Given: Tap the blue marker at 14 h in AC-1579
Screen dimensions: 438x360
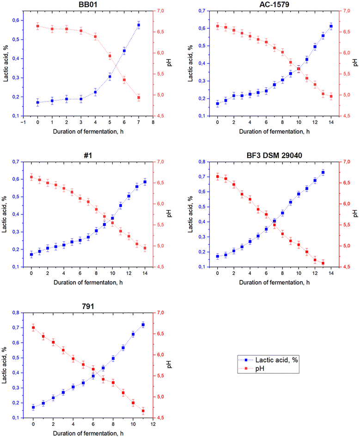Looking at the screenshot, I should coord(331,26).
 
